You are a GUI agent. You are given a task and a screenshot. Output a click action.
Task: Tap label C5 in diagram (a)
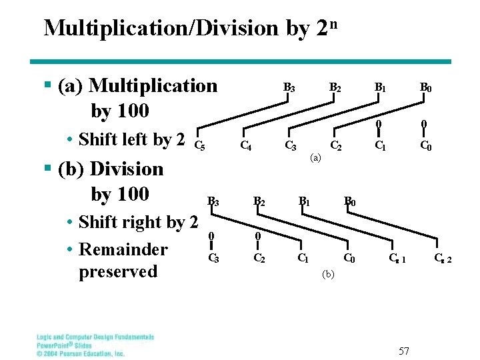coord(198,145)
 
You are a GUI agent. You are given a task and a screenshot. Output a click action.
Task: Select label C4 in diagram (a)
coord(245,145)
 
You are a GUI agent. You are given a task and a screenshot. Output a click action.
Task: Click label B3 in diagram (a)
coord(289,87)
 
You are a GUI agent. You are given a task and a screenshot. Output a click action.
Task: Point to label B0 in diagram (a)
coord(425,87)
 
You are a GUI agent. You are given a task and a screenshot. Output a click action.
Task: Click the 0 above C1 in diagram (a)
coord(378,124)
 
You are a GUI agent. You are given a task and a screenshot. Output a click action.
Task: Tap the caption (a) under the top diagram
coord(316,158)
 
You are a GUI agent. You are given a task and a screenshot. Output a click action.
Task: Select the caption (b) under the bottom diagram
coord(328,273)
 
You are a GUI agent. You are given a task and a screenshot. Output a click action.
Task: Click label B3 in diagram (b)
coord(213,201)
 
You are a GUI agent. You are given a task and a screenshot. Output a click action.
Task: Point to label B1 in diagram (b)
coord(303,200)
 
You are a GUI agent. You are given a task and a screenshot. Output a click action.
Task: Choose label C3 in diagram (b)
coord(213,259)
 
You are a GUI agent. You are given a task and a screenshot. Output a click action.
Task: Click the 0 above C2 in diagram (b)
coord(258,235)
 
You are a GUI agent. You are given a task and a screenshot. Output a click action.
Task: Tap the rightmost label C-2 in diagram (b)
coord(442,259)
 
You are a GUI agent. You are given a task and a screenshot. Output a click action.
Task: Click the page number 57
coord(404,351)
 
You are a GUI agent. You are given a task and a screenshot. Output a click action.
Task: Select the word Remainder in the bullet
coord(123,249)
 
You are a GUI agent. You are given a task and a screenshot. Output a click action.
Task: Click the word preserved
coord(118,271)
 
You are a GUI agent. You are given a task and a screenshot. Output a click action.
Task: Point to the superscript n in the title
coord(333,23)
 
